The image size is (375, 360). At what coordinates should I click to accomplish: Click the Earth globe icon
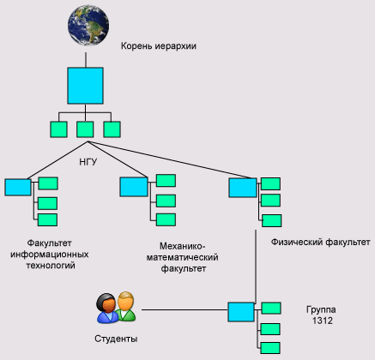point(88,25)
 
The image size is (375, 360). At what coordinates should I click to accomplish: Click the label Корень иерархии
point(159,46)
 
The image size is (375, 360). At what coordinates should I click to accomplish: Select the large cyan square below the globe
point(85,86)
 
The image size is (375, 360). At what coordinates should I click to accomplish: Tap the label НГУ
point(88,162)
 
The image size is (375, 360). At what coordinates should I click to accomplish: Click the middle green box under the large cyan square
point(85,129)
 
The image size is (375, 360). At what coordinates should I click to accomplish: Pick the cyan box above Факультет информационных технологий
point(18,187)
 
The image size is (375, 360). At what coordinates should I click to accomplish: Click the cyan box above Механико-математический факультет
point(134,187)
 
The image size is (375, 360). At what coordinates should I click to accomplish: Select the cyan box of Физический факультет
point(243,188)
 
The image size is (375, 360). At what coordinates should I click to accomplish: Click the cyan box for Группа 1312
point(241,312)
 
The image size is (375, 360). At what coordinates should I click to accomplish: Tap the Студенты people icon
point(116,308)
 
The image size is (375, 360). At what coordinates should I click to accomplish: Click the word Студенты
point(116,339)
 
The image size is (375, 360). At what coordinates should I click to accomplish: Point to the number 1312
point(323,321)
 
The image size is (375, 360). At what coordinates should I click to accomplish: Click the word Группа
point(321,309)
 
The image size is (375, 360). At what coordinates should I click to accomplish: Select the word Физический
point(297,243)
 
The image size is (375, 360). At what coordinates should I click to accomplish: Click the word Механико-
point(183,246)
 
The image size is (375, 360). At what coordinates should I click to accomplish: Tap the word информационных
point(50,255)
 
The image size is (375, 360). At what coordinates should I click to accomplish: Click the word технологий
point(51,266)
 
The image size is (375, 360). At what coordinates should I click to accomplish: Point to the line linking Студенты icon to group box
point(184,309)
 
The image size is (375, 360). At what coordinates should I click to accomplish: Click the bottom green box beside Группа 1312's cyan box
point(270,348)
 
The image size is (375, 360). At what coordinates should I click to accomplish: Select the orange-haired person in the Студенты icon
point(126,306)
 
